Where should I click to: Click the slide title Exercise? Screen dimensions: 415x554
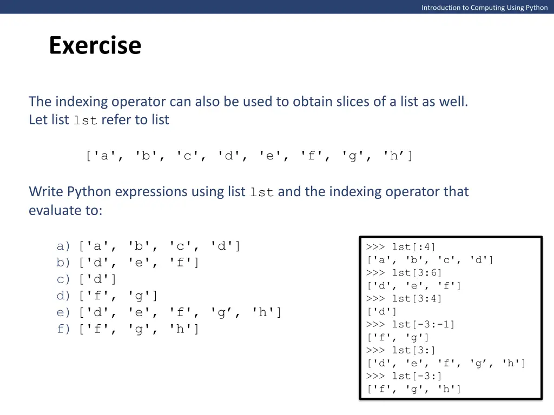[95, 45]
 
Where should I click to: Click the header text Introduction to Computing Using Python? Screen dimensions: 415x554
[484, 8]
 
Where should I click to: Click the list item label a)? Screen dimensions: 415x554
[64, 246]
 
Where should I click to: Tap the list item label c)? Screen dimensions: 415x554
[64, 279]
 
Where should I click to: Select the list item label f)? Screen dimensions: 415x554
[64, 329]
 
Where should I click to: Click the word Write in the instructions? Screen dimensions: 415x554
[46, 192]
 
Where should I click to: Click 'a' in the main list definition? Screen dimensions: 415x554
[104, 157]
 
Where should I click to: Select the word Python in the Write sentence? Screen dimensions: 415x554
[89, 192]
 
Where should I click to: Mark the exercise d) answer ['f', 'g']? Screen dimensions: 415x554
[118, 296]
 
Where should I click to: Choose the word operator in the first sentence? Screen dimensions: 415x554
[138, 102]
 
